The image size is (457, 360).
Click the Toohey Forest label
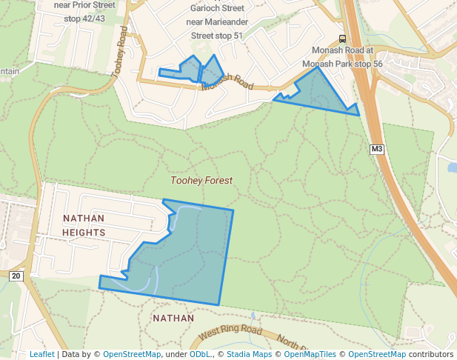click(x=201, y=181)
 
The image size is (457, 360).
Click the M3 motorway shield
click(x=377, y=150)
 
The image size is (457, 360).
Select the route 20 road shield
click(x=16, y=276)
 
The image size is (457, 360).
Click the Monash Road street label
click(x=226, y=81)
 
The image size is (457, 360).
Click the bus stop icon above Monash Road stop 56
click(x=342, y=39)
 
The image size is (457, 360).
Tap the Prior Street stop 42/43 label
click(x=83, y=12)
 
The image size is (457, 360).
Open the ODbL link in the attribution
click(x=201, y=354)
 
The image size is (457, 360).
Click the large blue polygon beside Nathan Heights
click(x=185, y=256)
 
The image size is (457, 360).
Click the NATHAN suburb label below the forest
click(x=173, y=318)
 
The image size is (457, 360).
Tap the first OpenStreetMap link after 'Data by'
click(x=132, y=354)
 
